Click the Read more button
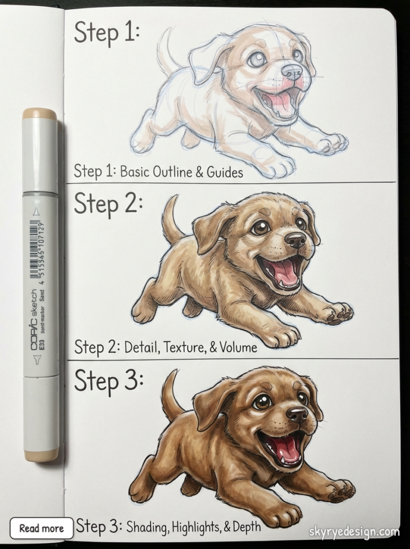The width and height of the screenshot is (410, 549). [41, 528]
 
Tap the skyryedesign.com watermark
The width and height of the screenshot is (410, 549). [354, 532]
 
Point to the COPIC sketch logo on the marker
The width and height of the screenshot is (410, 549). [34, 320]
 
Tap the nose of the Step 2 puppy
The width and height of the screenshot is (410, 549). [295, 239]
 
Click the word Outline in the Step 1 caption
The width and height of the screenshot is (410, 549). [170, 172]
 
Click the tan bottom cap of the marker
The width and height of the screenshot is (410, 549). [41, 455]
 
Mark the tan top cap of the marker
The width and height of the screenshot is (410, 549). [40, 114]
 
